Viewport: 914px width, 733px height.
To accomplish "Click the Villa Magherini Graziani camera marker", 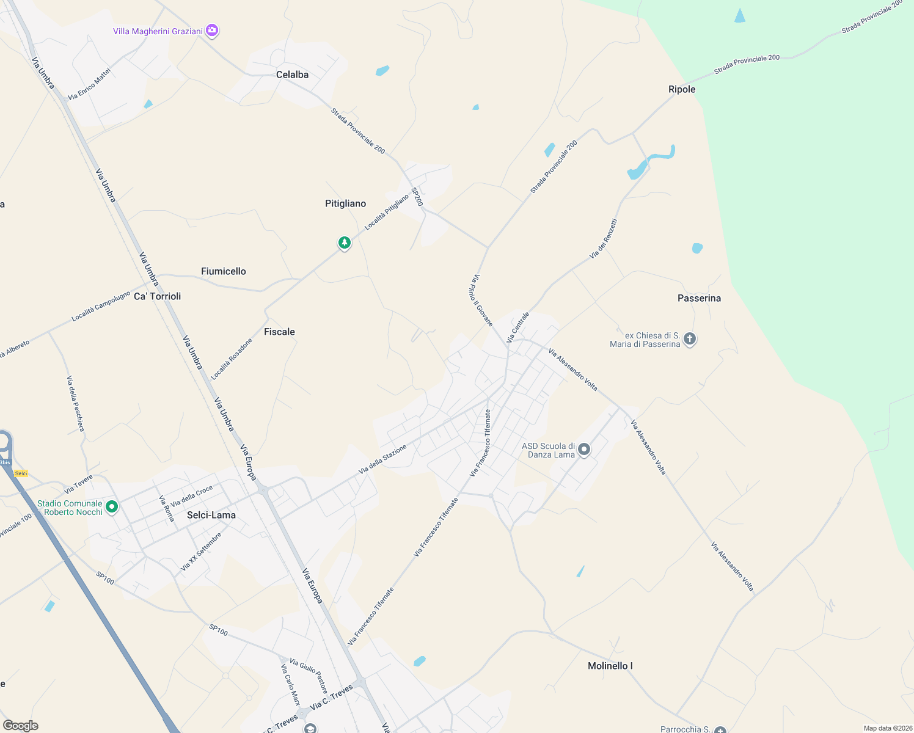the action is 212,31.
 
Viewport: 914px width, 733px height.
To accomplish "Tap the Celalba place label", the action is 292,75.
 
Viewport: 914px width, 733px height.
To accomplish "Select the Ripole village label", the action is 682,89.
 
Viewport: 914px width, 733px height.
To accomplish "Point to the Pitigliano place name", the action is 345,203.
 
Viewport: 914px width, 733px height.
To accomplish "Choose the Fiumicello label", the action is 224,271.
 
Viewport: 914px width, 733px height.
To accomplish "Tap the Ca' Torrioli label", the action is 158,296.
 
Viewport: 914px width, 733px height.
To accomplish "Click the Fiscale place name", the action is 279,332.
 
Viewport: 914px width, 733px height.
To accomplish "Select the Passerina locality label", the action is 699,298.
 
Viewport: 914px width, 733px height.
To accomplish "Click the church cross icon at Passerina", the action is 690,339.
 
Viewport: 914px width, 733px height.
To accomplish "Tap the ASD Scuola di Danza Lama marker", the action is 584,450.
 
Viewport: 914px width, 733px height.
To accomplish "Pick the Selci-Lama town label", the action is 211,515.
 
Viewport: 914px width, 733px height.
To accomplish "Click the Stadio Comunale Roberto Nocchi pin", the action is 112,506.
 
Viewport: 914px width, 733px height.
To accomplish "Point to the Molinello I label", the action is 610,666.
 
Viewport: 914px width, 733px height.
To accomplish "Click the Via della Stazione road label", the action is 382,459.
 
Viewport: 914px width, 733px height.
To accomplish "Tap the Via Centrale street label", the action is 517,327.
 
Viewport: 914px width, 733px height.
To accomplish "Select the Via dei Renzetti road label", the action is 603,239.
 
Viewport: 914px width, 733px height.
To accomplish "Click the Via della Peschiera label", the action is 75,403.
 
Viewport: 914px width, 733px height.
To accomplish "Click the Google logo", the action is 21,726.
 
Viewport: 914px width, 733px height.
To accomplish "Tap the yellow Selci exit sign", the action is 21,473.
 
